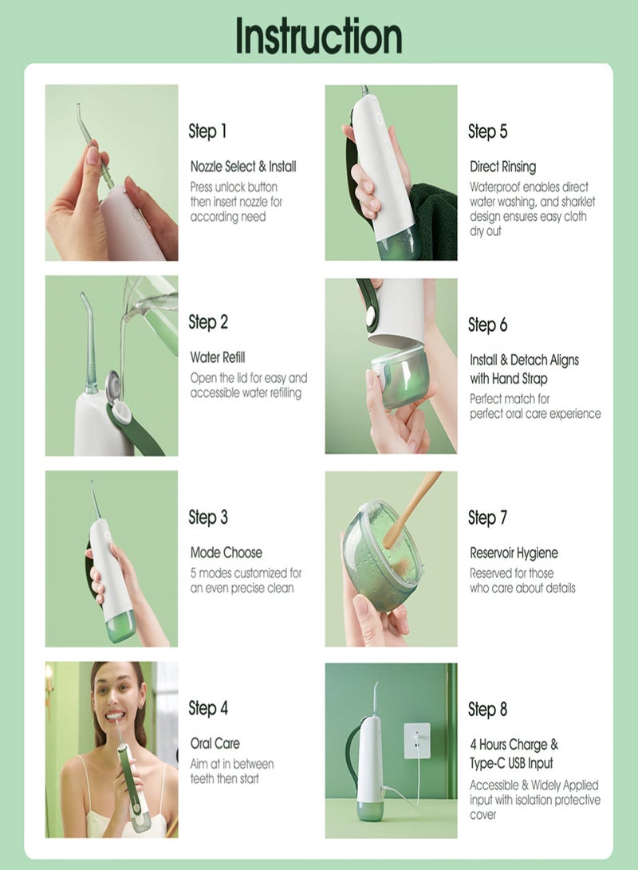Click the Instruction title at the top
tap(318, 36)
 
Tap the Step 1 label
tap(207, 131)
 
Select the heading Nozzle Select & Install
tap(243, 167)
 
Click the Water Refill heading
tap(218, 357)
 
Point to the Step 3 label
tap(208, 518)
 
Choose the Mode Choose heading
tap(226, 553)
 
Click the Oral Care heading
tap(215, 744)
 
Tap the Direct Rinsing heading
tap(502, 167)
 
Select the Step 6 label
tap(487, 325)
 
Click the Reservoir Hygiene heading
tap(514, 553)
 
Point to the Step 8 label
tap(487, 709)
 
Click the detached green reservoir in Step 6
tap(399, 375)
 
